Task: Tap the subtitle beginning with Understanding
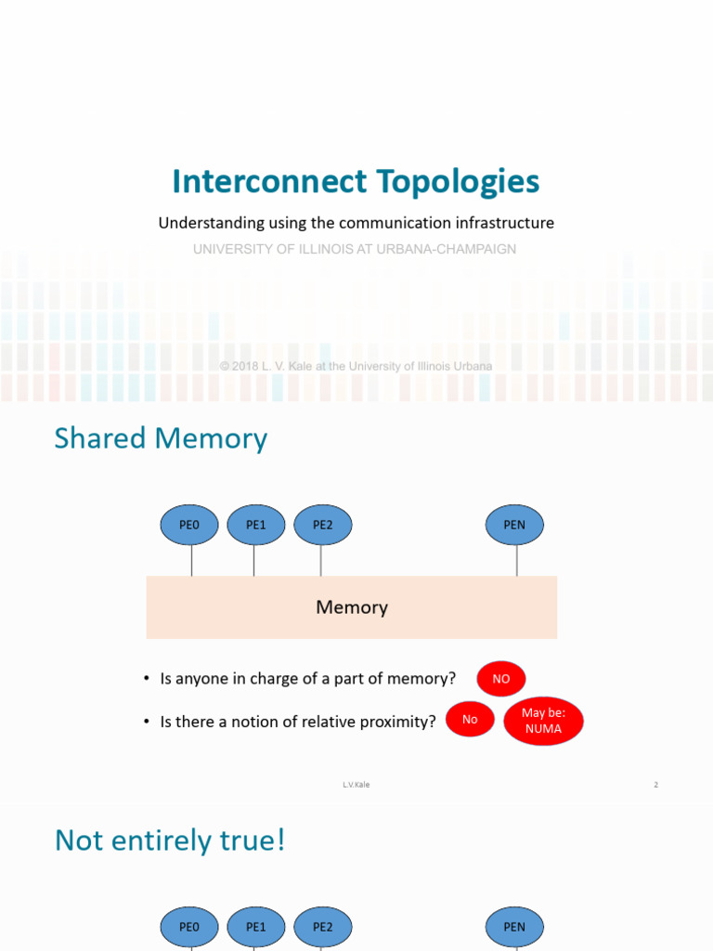356,223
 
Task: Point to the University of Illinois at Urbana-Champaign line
355,249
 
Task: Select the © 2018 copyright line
356,366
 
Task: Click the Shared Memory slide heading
161,437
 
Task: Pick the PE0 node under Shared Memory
189,525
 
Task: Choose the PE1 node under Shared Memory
256,525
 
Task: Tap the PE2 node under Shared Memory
323,525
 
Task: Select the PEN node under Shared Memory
514,525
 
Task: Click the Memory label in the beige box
352,607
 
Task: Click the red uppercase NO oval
501,679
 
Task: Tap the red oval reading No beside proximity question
470,719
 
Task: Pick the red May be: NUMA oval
543,721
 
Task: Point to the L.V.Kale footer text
356,785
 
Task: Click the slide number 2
655,785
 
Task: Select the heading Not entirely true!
170,840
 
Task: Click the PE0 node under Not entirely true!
189,927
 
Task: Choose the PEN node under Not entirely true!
514,927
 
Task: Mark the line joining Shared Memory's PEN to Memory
517,560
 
